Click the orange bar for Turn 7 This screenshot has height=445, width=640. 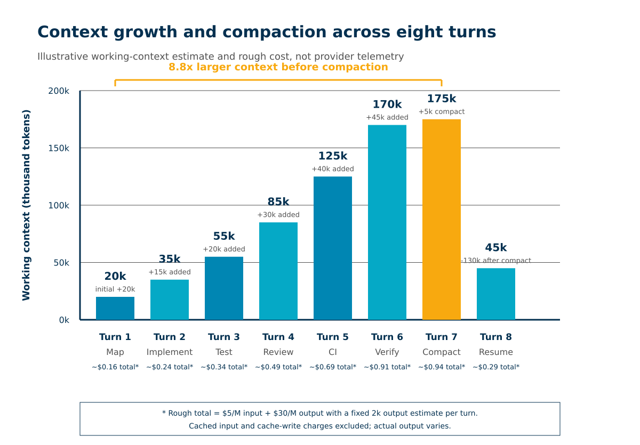coord(442,220)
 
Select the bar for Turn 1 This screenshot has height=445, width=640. coord(115,308)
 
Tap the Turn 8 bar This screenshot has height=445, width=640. coord(496,294)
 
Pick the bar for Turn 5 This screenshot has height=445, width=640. coord(333,248)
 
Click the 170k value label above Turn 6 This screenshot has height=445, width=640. coord(387,104)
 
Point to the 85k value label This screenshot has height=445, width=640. coord(278,202)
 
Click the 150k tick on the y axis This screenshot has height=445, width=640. coord(59,149)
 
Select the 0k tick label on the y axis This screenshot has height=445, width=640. coord(64,320)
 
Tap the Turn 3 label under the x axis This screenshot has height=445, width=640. coord(223,337)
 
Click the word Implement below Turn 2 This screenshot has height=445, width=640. coord(170,352)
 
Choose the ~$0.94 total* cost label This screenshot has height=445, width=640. coord(442,367)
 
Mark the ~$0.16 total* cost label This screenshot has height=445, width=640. coord(115,367)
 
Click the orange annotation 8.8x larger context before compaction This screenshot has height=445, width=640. coord(278,67)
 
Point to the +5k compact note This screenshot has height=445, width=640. coord(442,111)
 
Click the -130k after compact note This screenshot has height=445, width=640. coord(496,260)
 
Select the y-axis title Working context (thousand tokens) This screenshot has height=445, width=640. coord(26,205)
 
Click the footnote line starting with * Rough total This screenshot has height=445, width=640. coord(319,414)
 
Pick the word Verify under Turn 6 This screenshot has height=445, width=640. coord(387,352)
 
